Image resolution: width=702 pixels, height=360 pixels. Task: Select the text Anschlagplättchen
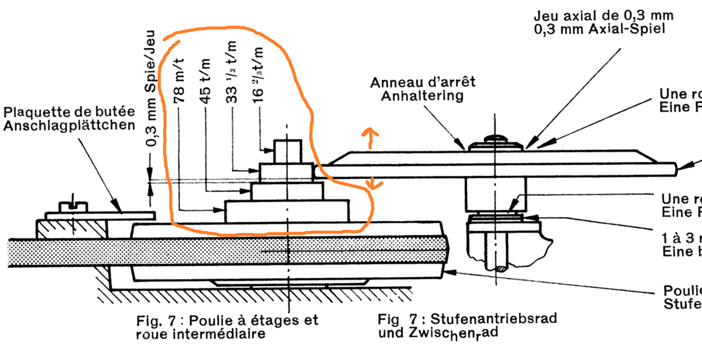point(70,125)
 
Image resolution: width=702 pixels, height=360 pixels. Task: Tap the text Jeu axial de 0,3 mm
point(603,16)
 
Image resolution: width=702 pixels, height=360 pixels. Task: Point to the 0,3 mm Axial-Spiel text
point(599,29)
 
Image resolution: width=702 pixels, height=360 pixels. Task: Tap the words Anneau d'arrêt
point(423,83)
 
